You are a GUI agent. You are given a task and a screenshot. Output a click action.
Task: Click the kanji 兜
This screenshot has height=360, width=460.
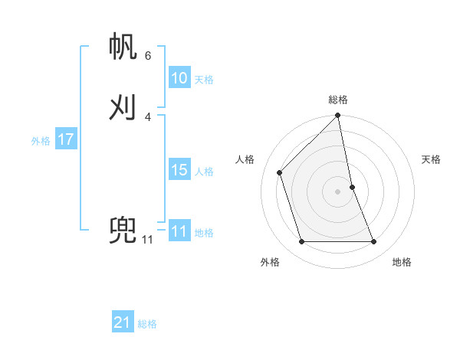(x=123, y=230)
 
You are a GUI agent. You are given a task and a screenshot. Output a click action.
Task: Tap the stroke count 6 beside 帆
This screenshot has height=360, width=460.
(x=148, y=55)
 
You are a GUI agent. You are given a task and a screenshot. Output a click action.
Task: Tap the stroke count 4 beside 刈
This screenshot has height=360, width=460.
(x=148, y=116)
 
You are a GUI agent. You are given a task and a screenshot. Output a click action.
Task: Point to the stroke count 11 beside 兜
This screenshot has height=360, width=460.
(x=147, y=240)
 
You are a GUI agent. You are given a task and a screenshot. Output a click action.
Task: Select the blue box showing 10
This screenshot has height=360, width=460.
(x=179, y=78)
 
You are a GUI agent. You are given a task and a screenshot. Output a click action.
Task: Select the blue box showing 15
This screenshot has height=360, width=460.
(x=179, y=170)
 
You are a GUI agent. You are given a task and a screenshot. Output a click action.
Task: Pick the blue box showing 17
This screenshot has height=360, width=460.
(x=65, y=139)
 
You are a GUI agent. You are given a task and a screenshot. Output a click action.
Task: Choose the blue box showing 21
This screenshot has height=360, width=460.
(x=123, y=322)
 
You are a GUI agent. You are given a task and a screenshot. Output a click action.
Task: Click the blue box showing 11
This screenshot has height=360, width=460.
(x=179, y=231)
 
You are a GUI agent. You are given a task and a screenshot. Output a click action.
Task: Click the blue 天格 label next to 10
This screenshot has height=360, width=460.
(x=204, y=80)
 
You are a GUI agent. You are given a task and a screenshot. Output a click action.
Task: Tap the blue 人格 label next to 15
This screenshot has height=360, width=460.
(x=204, y=172)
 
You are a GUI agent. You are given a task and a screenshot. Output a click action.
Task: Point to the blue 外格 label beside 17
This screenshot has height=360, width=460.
(x=41, y=141)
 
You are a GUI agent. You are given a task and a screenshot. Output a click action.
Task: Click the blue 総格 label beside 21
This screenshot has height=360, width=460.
(x=147, y=324)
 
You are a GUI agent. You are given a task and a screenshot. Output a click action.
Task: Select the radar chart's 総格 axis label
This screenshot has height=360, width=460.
(x=338, y=100)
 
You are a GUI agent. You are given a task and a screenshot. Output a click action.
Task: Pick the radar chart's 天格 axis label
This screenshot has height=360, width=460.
(x=431, y=159)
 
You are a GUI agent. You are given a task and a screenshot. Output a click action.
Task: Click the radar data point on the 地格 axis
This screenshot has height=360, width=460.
(x=374, y=242)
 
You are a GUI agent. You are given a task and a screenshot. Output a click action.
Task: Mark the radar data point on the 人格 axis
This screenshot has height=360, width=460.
(x=279, y=172)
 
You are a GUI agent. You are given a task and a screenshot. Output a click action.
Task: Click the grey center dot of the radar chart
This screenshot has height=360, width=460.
(x=338, y=191)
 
